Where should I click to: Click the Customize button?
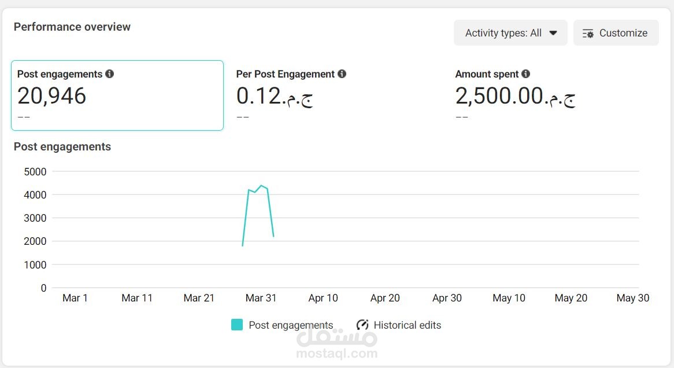616,33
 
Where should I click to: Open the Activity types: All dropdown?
510,33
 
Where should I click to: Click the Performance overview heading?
72,27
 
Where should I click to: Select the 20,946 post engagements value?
51,95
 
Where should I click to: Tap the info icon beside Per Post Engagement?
342,73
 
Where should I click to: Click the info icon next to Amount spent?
525,73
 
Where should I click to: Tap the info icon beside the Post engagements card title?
110,73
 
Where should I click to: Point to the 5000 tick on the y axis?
35,172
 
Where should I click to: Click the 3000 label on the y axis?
35,218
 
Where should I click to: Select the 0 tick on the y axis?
43,288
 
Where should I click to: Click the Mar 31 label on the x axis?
261,298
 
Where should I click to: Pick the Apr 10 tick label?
323,298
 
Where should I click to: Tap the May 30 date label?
633,298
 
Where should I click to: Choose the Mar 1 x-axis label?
75,298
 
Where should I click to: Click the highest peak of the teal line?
261,186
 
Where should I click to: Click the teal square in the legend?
237,325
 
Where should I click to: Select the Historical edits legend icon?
362,325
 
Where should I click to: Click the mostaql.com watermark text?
337,354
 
